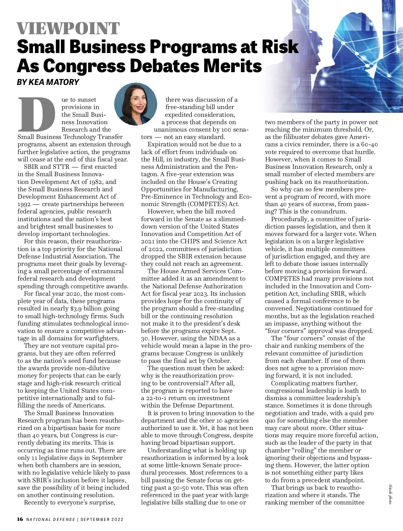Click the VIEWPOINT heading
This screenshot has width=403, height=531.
point(68,29)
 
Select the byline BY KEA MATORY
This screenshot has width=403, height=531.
point(48,82)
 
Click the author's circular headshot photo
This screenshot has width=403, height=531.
point(136,104)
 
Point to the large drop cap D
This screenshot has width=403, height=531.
point(37,114)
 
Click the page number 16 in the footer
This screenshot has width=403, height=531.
point(20,519)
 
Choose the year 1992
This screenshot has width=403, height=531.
point(24,204)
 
